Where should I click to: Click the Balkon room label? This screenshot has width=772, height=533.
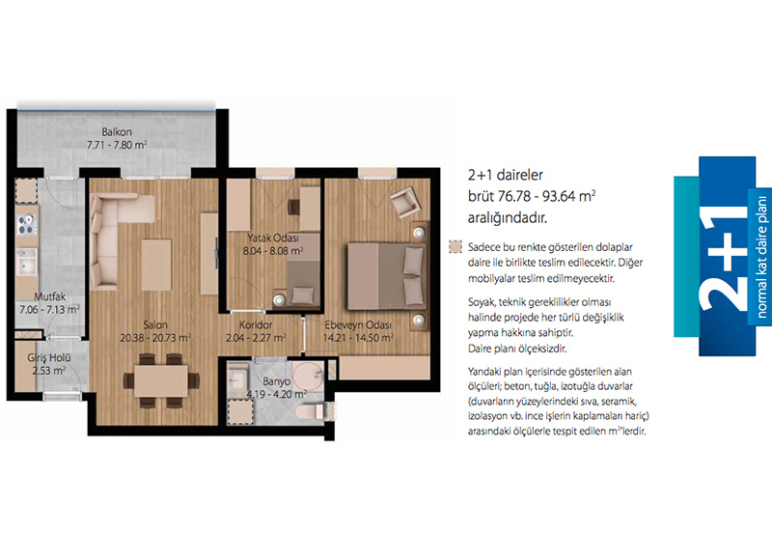tap(117, 132)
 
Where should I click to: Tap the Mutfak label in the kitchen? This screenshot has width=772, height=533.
tap(50, 296)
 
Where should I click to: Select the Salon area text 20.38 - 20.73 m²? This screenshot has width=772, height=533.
tap(155, 338)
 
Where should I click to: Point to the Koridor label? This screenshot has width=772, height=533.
tap(256, 325)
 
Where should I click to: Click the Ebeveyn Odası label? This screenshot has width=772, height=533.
tap(358, 325)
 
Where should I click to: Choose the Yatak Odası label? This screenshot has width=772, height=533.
tap(273, 238)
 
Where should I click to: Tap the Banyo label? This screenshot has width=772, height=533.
tap(276, 381)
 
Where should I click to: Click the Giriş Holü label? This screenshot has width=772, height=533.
tap(49, 358)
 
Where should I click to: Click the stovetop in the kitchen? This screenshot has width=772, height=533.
tap(27, 225)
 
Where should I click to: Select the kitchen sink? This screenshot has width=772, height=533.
tap(27, 261)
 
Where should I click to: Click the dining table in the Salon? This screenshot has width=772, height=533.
tap(161, 380)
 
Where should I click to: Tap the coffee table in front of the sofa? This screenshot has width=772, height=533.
tap(156, 265)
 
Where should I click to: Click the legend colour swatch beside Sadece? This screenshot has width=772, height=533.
tap(455, 247)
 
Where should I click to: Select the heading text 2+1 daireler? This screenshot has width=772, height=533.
tap(506, 175)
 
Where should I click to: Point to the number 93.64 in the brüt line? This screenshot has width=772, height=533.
tap(560, 196)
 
